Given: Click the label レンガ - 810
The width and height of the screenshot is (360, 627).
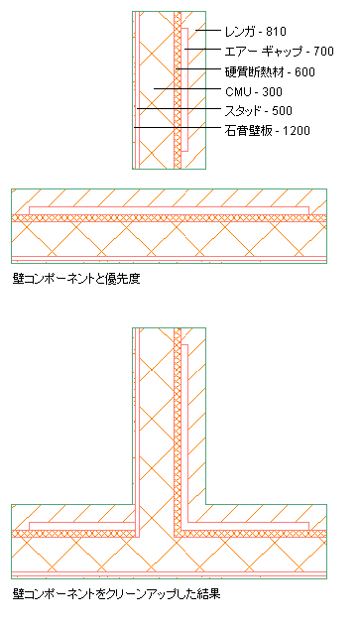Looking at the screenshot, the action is tap(255, 32).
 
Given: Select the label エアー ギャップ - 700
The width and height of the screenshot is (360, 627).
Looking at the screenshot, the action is tap(279, 52).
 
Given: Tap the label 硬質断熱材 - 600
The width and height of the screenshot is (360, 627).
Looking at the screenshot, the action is tap(270, 72).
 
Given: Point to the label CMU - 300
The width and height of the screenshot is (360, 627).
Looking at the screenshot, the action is tap(254, 92).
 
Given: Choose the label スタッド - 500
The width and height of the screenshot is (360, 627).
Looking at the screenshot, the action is tap(258, 110).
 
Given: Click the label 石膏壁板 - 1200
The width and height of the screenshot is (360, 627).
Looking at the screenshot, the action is tap(268, 131).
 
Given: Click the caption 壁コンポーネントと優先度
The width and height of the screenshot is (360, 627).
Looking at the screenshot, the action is tap(76, 279).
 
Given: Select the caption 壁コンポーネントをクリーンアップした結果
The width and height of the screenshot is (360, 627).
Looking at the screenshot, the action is tap(116, 594).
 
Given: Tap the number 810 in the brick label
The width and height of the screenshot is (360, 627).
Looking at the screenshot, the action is tap(276, 32).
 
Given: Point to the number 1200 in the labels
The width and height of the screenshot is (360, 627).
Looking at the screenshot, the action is tap(297, 131).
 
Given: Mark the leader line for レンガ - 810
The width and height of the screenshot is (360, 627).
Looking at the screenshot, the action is tap(208, 30).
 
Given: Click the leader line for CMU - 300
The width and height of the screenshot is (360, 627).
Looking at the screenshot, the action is tap(187, 88).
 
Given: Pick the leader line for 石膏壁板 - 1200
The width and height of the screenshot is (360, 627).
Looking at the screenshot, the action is tap(178, 128).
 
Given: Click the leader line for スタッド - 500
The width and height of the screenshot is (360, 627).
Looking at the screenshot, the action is tap(179, 108).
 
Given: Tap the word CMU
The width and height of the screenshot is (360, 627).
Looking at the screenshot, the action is tap(239, 92).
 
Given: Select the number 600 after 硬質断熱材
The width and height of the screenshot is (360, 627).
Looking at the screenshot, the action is tap(305, 72).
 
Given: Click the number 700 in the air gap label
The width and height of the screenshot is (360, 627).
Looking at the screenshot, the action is tap(323, 52).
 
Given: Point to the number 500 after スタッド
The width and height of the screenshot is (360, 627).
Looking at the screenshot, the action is tap(282, 110).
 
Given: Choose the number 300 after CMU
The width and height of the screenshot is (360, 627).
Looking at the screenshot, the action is tap(273, 92).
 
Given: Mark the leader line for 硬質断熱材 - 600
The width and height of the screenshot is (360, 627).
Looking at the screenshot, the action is tap(198, 69).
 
